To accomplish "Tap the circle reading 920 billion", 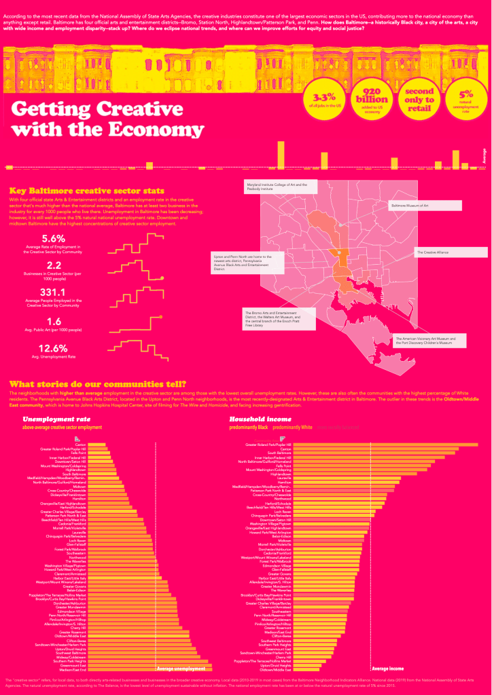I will [x=372, y=100].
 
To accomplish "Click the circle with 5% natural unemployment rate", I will [x=466, y=100].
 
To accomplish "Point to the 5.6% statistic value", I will [x=54, y=238].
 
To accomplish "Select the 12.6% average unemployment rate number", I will [x=54, y=347].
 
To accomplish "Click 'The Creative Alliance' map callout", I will [x=451, y=252].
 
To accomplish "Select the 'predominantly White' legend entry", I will [x=292, y=428].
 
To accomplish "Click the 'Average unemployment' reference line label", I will [x=184, y=668].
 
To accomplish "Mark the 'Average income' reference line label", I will [x=389, y=668].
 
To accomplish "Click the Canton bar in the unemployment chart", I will [x=95, y=445].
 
